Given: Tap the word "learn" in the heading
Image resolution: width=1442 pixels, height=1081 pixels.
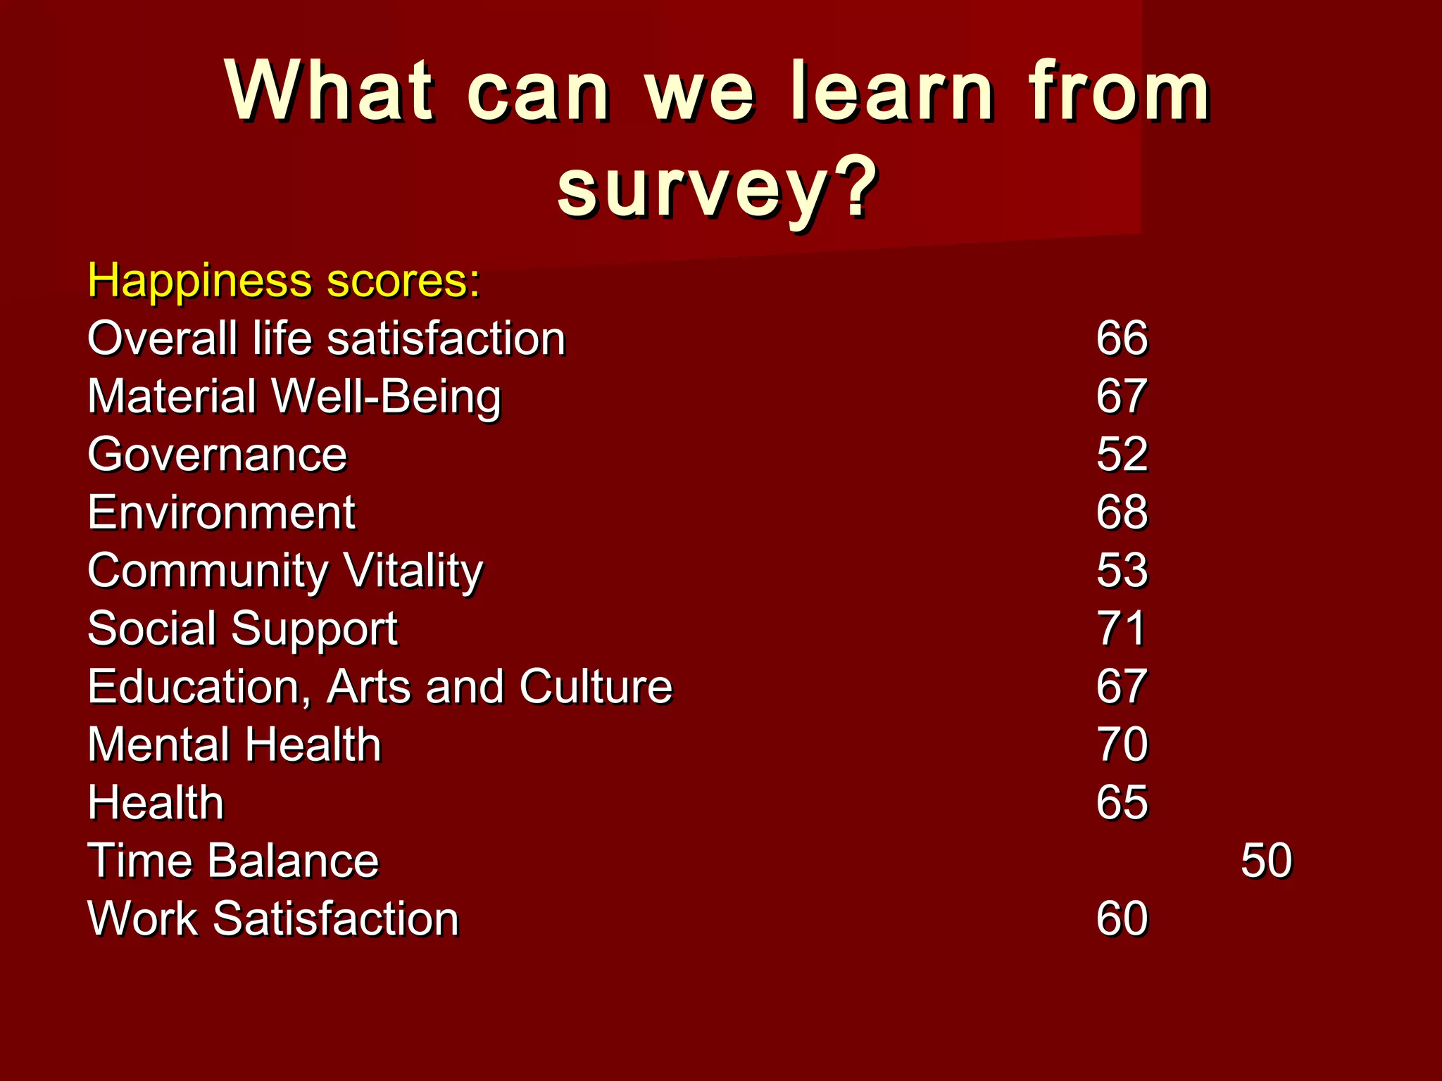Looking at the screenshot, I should click(x=892, y=91).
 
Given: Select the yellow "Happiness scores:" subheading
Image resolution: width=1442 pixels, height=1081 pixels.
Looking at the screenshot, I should click(x=284, y=281).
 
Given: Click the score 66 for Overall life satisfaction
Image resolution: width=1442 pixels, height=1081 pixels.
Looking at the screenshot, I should click(x=1122, y=339).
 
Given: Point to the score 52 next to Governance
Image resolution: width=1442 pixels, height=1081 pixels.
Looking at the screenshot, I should click(x=1122, y=455).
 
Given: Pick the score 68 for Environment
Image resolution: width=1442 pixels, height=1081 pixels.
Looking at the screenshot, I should click(x=1122, y=512).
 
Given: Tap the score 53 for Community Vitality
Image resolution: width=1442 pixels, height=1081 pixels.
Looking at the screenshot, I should click(x=1122, y=571).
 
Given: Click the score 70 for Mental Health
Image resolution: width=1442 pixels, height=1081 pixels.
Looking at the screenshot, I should click(x=1122, y=745).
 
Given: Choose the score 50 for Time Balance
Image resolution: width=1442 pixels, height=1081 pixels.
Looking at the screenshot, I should click(x=1266, y=861).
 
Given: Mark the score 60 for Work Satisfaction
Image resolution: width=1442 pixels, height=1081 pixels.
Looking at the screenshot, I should click(x=1122, y=919).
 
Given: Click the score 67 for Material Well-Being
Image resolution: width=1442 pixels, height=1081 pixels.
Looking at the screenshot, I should click(x=1122, y=396).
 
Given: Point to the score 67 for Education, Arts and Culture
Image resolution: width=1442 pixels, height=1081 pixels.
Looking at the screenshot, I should click(x=1122, y=687).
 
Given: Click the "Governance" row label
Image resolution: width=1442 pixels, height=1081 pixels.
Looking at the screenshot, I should click(x=217, y=455).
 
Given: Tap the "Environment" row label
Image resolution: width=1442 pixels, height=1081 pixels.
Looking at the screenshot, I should click(x=221, y=512).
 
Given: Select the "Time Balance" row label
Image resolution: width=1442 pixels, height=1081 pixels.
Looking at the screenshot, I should click(x=233, y=861).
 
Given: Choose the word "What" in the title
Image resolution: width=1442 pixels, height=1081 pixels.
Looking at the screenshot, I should click(x=329, y=91).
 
